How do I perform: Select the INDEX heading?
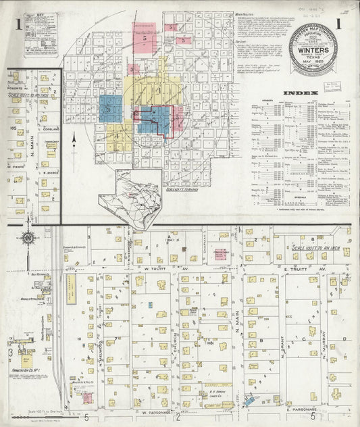297,93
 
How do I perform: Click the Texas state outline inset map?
128,193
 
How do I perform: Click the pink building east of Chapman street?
220,254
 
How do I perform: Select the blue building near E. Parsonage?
251,401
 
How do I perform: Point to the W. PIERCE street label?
16,166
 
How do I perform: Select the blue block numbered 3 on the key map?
110,108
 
